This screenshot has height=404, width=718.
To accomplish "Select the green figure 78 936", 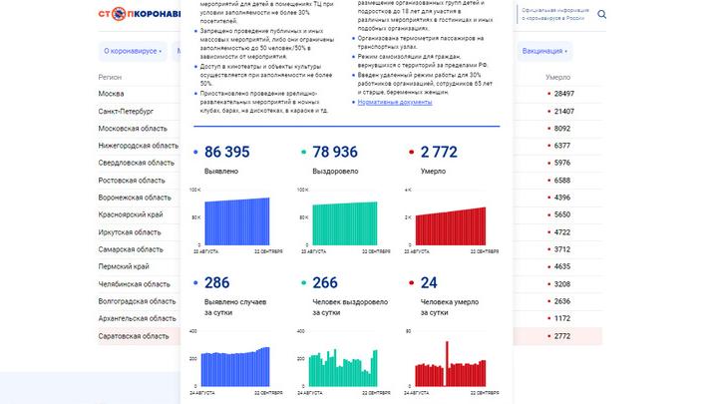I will point(336,152).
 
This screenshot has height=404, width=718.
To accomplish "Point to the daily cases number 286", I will point(216,282).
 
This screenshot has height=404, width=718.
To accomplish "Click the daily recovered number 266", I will point(325,282).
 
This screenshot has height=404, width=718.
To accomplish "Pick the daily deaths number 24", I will point(429,282).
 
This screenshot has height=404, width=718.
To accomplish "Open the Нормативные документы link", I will point(395,102).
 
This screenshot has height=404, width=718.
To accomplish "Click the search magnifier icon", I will point(601,15).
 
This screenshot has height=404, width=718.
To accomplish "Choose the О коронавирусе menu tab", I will point(133,50).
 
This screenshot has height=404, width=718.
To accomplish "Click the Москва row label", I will point(112,94).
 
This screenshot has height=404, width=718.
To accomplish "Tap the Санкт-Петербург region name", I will point(127,111).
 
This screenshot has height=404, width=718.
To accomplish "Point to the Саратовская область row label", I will point(134,336).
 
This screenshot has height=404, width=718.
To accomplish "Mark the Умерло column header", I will point(557,77).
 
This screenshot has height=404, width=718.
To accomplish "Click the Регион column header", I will point(110,77).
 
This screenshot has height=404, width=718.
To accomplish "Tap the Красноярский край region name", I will point(131,214).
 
